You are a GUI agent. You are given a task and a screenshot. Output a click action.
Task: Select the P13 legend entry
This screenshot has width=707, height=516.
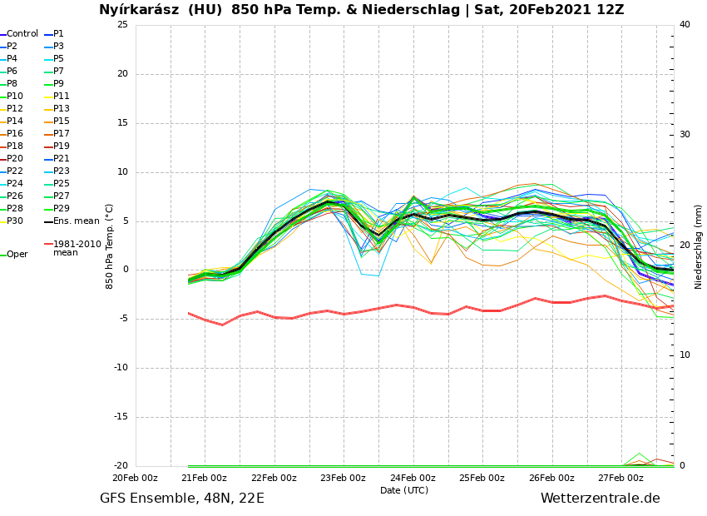[62, 109]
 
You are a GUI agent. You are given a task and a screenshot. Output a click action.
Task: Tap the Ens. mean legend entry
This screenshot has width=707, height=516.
[76, 221]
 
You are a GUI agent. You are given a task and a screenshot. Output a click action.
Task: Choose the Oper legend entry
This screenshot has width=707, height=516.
[17, 255]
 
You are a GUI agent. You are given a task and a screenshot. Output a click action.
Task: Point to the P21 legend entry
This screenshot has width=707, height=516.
[62, 159]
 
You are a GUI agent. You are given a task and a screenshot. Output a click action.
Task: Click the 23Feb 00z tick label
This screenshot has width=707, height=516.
[343, 478]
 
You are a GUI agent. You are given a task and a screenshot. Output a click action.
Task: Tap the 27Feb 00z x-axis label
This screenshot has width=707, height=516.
[620, 478]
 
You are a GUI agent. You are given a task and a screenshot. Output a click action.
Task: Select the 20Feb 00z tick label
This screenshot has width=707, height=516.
[135, 478]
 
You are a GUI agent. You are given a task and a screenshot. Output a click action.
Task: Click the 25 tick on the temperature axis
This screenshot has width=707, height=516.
[122, 24]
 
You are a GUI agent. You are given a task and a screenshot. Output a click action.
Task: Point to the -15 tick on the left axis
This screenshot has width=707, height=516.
[121, 418]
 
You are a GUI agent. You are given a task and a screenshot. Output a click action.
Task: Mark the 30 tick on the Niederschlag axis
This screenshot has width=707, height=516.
[685, 135]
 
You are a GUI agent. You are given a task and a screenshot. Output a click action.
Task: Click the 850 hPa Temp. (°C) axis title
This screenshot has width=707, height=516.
[110, 246]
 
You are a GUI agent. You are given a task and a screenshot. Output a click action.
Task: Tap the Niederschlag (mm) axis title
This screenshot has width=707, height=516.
[699, 246]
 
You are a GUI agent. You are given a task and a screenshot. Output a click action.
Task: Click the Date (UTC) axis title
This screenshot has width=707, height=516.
[404, 490]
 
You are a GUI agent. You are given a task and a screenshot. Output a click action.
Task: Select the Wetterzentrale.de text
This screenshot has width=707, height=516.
[600, 499]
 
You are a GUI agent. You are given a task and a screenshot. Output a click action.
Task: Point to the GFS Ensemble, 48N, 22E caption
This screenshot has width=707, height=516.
[182, 499]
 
